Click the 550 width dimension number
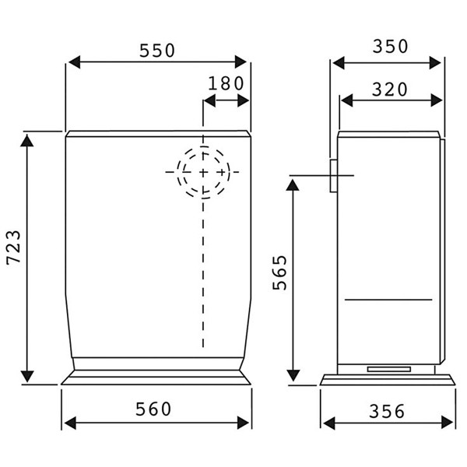(x=157, y=51)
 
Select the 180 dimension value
(x=226, y=83)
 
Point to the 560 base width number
(x=156, y=408)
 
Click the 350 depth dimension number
(x=390, y=47)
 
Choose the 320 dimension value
(x=390, y=90)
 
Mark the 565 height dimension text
(x=280, y=272)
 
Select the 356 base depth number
(x=387, y=411)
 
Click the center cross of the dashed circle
(x=203, y=171)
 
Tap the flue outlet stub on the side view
(x=333, y=176)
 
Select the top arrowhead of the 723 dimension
(x=27, y=139)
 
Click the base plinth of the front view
(x=156, y=378)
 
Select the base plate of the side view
(x=387, y=380)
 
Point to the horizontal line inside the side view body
(x=388, y=300)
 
